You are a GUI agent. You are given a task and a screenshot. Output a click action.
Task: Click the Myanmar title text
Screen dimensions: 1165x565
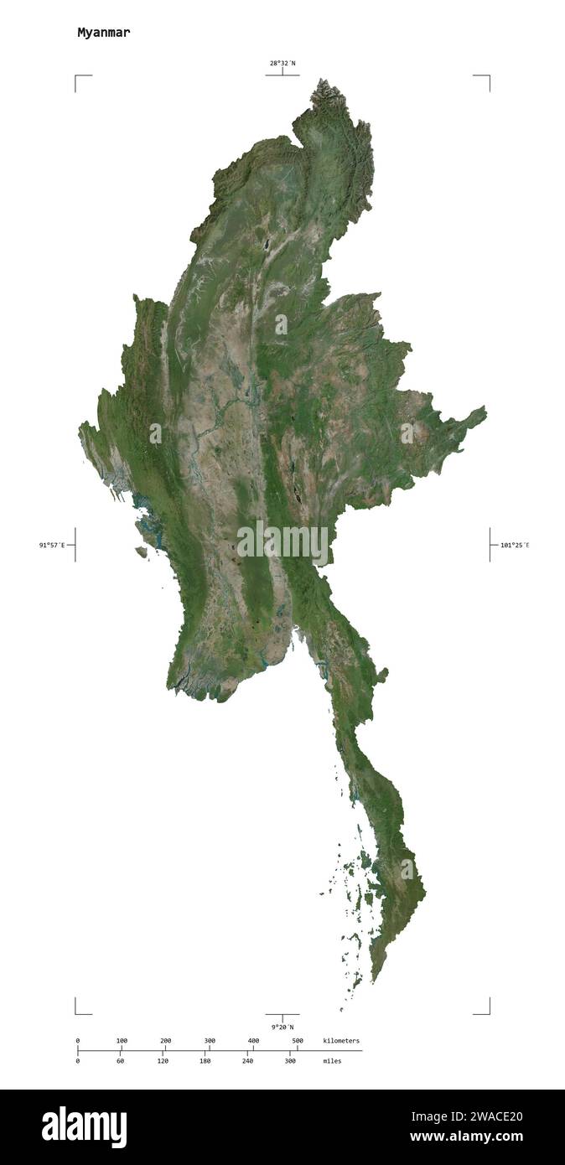(x=103, y=33)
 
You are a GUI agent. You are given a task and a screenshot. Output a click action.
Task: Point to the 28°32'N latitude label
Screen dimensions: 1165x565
(x=282, y=63)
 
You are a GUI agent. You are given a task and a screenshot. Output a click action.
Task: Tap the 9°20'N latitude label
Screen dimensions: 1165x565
(x=282, y=1027)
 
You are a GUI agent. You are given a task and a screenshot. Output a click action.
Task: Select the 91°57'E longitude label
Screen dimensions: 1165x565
(x=51, y=545)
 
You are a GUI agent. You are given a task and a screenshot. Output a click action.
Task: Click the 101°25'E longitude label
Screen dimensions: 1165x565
(x=515, y=545)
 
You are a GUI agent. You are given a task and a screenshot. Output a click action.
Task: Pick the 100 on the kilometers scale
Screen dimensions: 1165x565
(x=122, y=1041)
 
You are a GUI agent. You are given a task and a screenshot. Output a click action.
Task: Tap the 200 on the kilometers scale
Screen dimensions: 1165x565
(x=166, y=1041)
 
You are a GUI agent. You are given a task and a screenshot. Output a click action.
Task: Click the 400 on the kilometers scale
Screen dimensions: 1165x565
(x=253, y=1041)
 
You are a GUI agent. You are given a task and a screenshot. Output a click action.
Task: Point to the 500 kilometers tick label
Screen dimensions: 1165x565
(x=297, y=1041)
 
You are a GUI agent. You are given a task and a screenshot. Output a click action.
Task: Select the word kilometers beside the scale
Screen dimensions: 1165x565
(x=341, y=1041)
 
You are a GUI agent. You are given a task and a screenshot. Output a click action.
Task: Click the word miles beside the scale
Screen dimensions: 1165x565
(x=332, y=1061)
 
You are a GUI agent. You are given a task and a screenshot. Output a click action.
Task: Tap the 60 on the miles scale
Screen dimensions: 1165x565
(x=120, y=1061)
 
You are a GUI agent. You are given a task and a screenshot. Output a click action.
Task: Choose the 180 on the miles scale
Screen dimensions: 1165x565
(x=205, y=1061)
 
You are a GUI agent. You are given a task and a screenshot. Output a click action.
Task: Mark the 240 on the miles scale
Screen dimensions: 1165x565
(x=248, y=1061)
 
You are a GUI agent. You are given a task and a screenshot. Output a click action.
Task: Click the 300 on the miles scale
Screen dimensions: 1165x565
(x=291, y=1061)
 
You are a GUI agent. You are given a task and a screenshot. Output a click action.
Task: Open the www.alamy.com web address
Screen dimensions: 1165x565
(x=466, y=1137)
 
